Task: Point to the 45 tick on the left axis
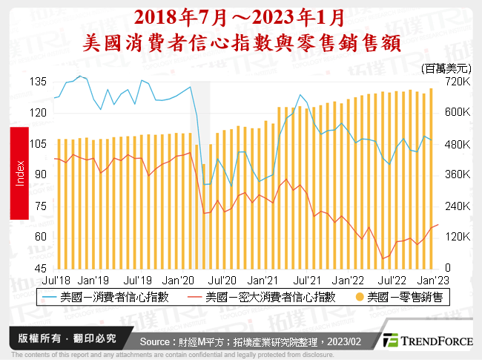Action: point(42,268)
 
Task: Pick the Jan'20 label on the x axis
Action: point(179,281)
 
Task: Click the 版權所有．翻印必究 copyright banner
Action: point(67,338)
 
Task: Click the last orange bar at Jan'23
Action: point(431,178)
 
